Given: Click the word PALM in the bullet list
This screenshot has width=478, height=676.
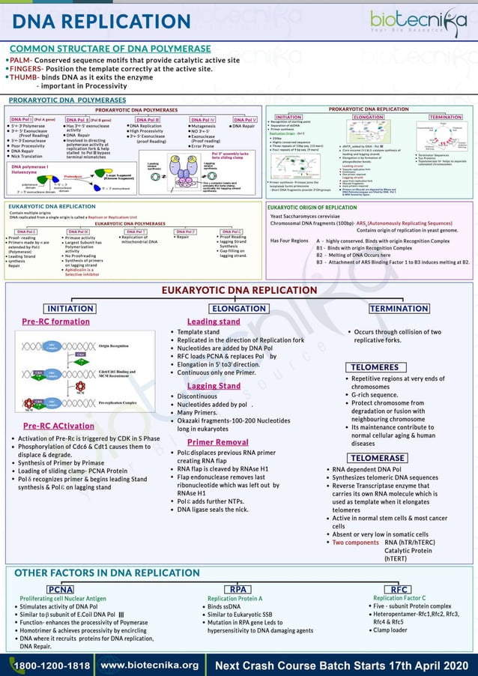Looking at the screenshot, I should [x=20, y=59].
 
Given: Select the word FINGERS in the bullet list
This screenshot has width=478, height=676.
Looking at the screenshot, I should [x=26, y=68].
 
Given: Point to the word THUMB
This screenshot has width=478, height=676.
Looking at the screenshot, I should [x=24, y=77].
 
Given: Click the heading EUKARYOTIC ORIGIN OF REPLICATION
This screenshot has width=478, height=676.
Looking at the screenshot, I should [x=312, y=207].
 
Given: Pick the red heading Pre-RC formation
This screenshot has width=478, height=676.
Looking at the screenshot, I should [x=55, y=322].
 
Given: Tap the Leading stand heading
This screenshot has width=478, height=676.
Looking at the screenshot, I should [x=214, y=322].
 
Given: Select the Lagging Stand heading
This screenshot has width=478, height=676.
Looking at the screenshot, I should [x=214, y=386].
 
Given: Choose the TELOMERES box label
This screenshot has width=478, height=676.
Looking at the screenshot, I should [x=375, y=367].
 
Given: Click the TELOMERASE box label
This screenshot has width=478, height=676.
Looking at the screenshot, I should [x=378, y=458].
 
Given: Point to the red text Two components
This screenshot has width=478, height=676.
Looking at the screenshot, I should [x=355, y=542].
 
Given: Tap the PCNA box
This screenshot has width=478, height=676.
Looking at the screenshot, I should [x=61, y=589].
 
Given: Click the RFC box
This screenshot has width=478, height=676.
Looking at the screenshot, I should [x=395, y=589].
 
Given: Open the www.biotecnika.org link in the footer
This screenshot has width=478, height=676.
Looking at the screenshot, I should [x=149, y=665].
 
